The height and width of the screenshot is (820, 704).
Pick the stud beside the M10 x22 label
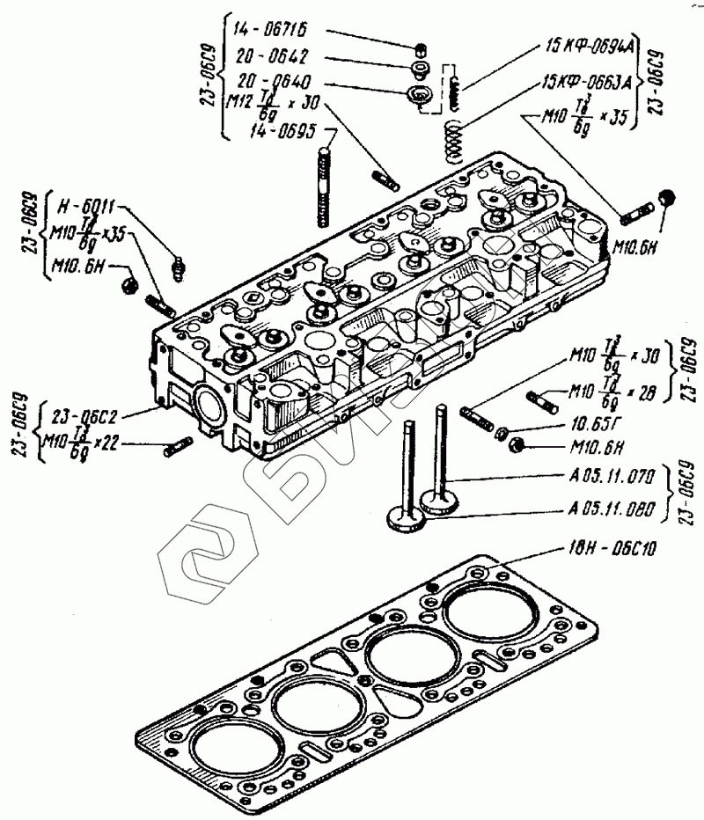[179, 446]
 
